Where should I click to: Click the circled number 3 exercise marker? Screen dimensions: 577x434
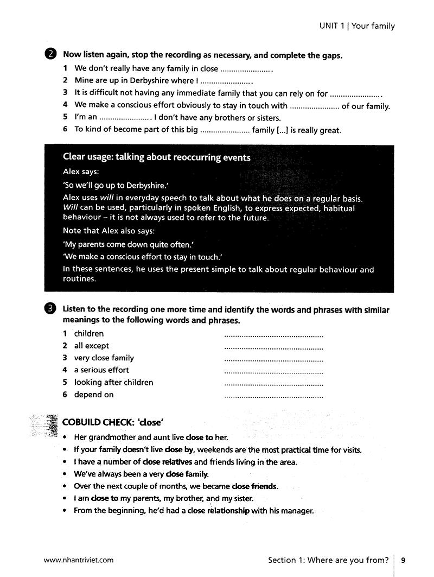point(50,309)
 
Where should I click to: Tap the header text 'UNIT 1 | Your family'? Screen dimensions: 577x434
point(356,26)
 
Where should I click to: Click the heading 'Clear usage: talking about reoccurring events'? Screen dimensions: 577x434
point(156,157)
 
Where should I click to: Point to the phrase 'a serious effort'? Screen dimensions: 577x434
point(101,370)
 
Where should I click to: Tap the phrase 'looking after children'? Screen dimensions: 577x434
point(113,383)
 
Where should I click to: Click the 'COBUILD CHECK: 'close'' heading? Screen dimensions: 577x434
point(113,422)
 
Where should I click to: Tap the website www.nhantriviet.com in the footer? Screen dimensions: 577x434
point(79,560)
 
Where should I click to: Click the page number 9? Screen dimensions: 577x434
point(403,560)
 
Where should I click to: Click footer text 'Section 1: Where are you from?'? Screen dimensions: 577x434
point(328,560)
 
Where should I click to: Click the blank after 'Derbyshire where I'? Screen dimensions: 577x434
point(226,81)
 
